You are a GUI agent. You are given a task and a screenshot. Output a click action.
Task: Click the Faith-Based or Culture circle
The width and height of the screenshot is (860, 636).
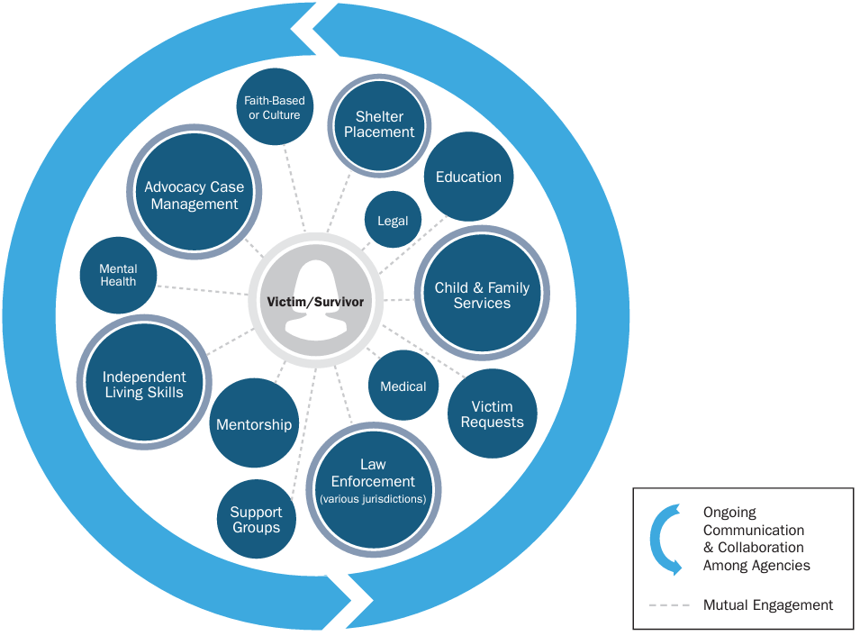(x=275, y=108)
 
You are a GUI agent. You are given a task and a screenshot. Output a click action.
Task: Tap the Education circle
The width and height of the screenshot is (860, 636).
(x=468, y=177)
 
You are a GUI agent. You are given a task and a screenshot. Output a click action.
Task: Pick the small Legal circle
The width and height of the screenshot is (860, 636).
(x=393, y=221)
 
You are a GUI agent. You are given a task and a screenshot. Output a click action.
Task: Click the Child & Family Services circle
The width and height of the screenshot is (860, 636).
(x=482, y=295)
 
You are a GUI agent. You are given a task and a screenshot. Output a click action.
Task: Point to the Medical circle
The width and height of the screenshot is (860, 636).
(x=403, y=386)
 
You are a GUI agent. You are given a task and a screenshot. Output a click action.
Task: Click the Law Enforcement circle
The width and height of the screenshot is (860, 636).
(x=373, y=480)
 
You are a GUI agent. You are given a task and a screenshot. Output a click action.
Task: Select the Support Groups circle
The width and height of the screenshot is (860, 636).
(x=256, y=520)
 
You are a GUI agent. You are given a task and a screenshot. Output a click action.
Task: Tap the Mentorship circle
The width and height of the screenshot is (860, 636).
(x=254, y=424)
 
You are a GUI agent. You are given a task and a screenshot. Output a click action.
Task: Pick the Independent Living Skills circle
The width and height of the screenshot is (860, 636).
(x=144, y=385)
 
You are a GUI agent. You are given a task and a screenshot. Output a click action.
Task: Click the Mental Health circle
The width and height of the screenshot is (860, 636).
(x=118, y=276)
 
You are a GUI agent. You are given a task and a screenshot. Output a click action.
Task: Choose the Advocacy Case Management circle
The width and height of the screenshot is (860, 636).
(x=195, y=195)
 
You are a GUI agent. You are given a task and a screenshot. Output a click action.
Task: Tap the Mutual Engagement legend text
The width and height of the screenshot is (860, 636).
(x=767, y=605)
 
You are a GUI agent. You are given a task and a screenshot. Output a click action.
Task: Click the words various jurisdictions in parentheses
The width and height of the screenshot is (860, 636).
(x=373, y=498)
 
